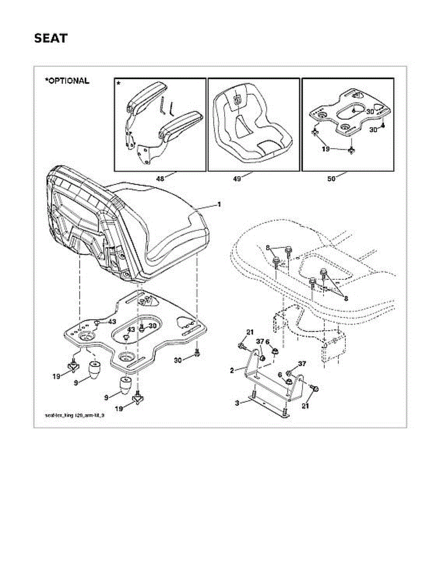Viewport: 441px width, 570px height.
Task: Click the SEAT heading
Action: click(50, 38)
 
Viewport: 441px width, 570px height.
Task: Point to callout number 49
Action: click(237, 179)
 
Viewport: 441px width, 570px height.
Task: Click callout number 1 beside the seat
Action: click(219, 204)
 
